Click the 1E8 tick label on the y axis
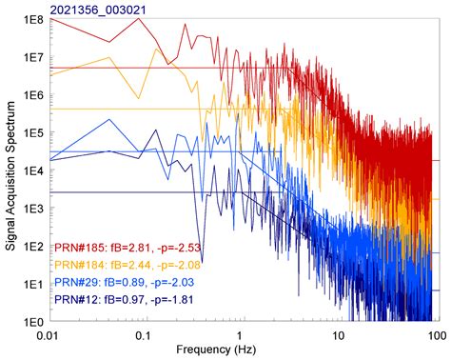click(34, 19)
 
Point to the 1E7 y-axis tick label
click(34, 57)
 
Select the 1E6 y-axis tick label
click(34, 95)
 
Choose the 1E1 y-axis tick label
click(34, 284)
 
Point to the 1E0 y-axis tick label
click(34, 321)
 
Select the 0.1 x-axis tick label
click(143, 335)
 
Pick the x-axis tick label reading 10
click(339, 335)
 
